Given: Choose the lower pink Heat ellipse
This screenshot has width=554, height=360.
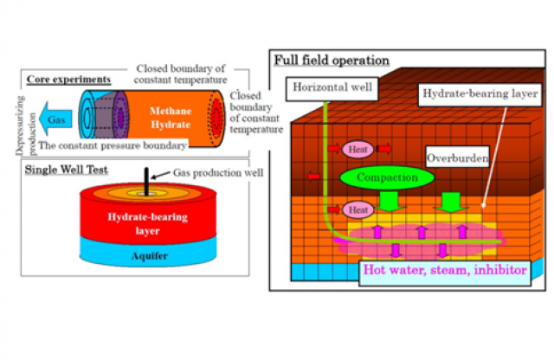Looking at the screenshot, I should pos(358,209).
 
